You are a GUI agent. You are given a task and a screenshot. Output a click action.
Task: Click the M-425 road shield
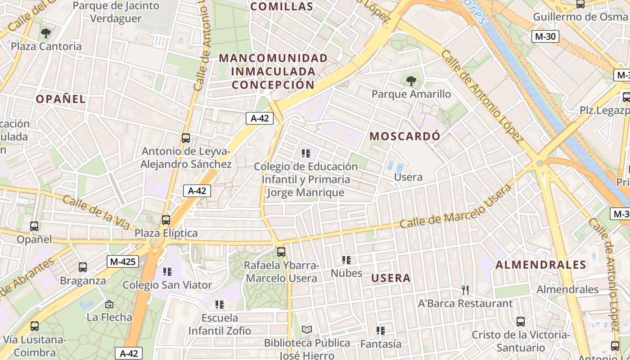(122, 261)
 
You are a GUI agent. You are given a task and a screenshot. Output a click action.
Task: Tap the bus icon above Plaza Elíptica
(166, 220)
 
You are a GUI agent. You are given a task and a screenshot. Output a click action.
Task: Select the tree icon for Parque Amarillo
(411, 81)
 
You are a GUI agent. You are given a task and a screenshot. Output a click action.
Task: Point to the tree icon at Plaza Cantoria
(45, 33)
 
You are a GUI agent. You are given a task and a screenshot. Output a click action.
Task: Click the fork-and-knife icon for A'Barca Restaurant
(465, 290)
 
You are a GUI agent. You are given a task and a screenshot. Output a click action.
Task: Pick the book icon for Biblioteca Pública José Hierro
(306, 330)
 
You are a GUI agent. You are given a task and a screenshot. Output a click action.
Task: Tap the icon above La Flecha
(109, 304)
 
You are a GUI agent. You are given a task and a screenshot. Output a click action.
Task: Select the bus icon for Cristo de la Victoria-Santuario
(521, 322)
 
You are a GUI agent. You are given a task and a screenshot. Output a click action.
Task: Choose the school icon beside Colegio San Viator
(167, 272)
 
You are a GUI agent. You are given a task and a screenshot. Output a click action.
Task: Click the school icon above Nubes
(346, 260)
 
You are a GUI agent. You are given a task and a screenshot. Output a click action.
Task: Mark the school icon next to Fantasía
(381, 331)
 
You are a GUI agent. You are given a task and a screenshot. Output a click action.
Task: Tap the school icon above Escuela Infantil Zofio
(220, 305)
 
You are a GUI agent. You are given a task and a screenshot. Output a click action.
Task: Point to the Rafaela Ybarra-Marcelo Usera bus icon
(281, 252)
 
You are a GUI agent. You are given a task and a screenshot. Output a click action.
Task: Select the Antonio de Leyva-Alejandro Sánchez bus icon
(186, 138)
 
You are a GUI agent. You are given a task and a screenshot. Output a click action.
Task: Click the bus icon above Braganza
(83, 267)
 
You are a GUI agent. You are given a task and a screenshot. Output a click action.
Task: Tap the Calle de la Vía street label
(96, 212)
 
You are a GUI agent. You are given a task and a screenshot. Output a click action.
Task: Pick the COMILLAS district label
(281, 6)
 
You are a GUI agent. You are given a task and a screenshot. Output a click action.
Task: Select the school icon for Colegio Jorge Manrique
(306, 153)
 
